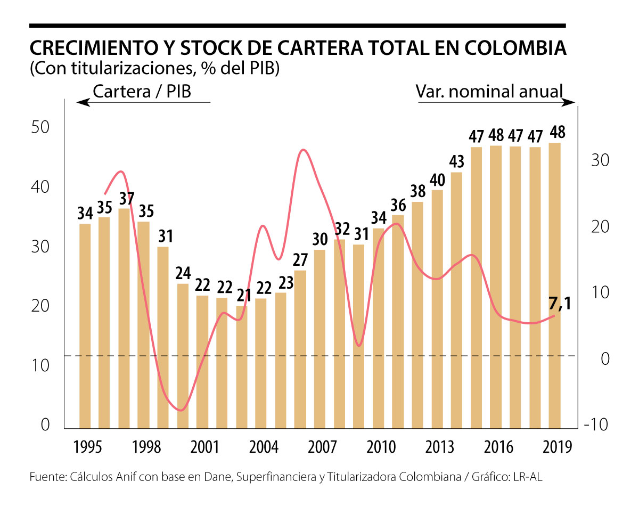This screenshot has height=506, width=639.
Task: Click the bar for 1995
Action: coord(85,326)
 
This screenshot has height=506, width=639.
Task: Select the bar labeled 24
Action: coord(183,356)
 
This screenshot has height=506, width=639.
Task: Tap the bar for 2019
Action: coord(554,285)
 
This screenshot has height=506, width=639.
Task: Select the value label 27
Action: coord(300,260)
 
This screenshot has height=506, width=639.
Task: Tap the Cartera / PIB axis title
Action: coord(142,92)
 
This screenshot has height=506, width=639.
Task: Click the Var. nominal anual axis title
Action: coord(489,92)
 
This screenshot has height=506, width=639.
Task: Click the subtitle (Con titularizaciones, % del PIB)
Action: coord(154,70)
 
